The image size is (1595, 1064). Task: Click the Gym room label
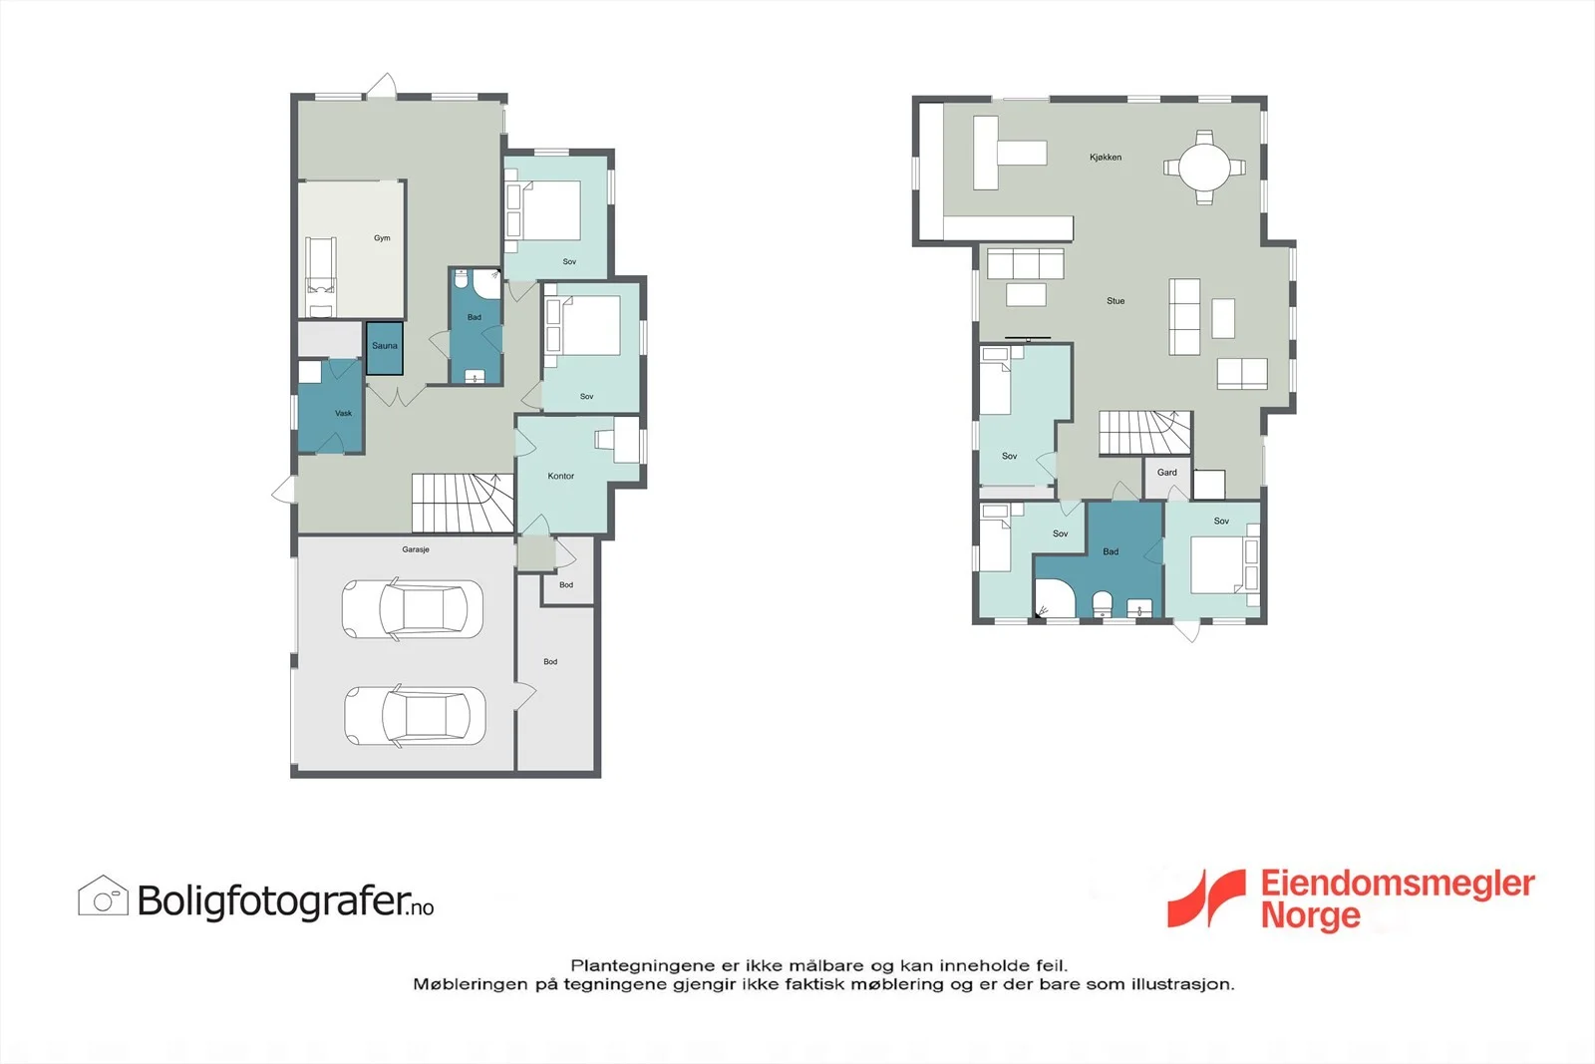point(382,238)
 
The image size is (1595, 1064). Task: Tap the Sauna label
point(385,346)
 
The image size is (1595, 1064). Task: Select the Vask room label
point(343,413)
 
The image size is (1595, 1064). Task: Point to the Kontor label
point(560,476)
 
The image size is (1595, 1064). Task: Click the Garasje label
point(415,549)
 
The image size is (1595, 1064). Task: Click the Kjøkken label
point(1106,158)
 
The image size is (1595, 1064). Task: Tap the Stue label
point(1116,301)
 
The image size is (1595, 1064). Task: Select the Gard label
point(1166,473)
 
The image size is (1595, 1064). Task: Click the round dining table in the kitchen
point(1204,168)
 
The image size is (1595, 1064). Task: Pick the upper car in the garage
point(413,609)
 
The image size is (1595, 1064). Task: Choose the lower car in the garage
point(415,716)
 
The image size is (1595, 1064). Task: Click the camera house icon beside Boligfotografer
point(104,895)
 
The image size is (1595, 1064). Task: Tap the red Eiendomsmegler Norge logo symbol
point(1206,898)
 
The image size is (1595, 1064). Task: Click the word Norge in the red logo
point(1310,915)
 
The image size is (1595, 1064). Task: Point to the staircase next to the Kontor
point(463,503)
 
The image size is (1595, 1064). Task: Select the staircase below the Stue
point(1145,433)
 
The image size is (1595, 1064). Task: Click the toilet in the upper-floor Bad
point(1103,604)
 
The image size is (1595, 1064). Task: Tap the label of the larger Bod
point(550,661)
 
